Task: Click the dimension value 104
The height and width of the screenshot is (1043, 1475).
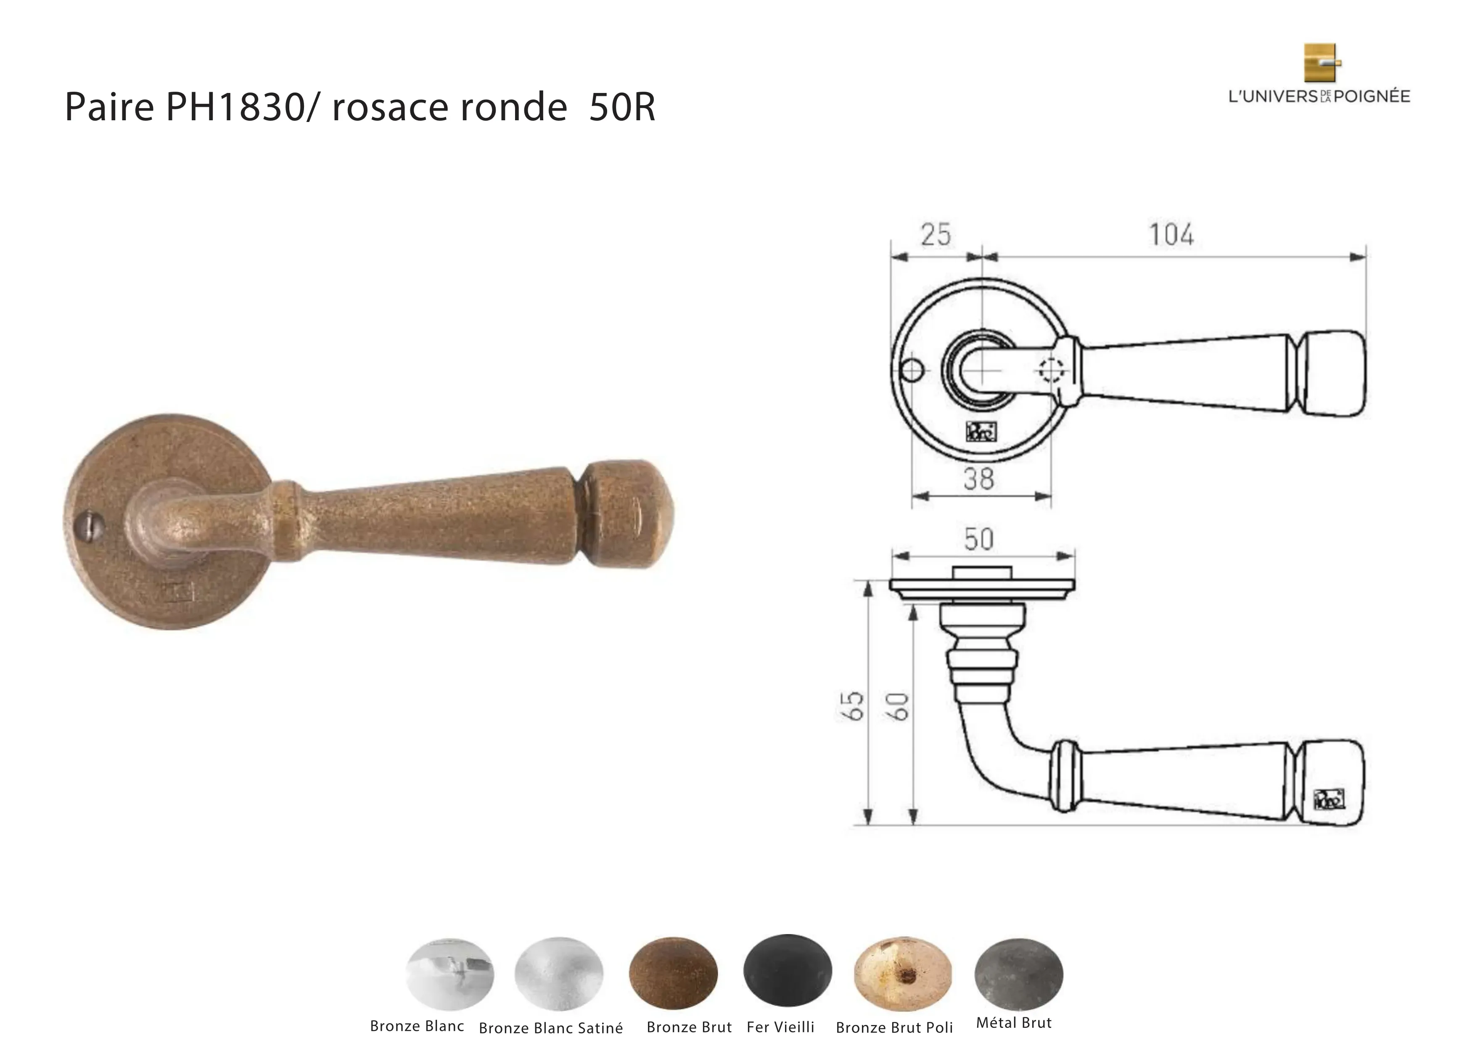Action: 1171,235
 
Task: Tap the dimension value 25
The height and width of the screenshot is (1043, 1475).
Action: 936,235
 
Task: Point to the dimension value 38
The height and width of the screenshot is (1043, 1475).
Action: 978,479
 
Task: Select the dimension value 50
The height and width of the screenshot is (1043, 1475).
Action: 978,539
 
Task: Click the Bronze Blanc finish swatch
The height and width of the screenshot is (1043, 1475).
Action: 450,974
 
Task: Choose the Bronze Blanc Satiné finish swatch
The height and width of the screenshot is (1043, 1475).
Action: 559,974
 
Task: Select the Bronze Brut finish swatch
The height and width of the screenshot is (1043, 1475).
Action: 673,973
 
